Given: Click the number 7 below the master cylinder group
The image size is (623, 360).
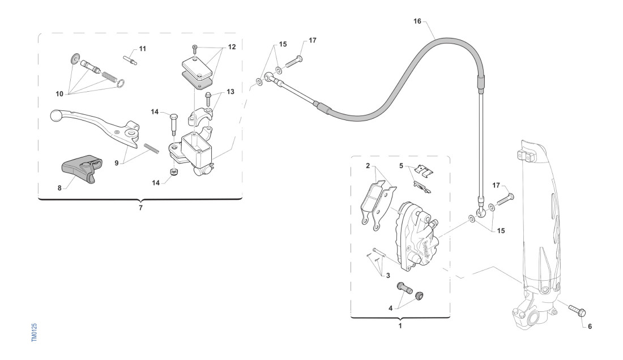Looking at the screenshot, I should coord(140,208).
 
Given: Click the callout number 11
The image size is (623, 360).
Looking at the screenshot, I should coord(142,49).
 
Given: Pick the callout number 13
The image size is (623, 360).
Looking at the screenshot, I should coord(230,91).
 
